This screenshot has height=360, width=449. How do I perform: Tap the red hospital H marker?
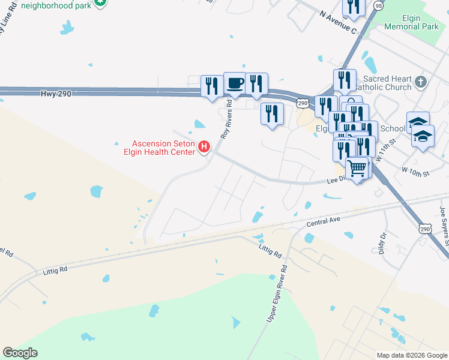tap(204, 146)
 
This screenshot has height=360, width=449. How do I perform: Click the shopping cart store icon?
tap(357, 169)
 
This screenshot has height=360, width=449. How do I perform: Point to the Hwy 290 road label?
tap(57, 94)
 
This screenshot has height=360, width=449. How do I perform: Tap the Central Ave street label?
tap(324, 221)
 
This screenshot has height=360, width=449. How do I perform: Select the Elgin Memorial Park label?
tap(412, 23)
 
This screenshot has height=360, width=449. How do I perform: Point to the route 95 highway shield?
tap(378, 5)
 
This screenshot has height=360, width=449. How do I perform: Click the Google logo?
tap(20, 353)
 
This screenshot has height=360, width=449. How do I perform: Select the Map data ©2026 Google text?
tap(412, 355)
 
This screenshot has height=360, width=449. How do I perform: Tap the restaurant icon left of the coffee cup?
tap(211, 85)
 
